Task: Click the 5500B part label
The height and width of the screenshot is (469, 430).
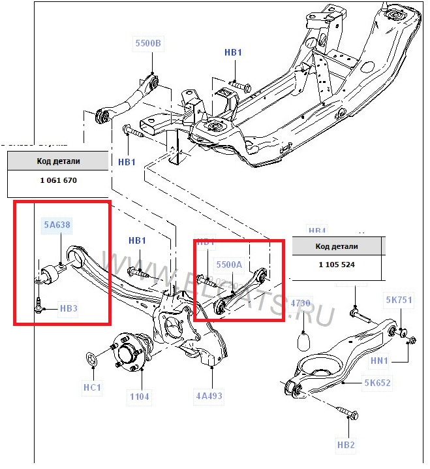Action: click(x=147, y=44)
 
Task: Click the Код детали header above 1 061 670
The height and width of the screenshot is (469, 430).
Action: click(x=57, y=161)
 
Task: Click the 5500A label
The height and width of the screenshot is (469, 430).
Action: click(x=229, y=265)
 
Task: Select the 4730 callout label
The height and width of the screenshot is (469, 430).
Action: click(x=301, y=304)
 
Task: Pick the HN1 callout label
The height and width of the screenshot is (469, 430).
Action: click(x=397, y=360)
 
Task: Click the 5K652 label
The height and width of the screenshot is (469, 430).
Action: click(x=378, y=383)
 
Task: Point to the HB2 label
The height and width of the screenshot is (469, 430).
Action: click(x=346, y=445)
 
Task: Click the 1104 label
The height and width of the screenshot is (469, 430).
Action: click(x=140, y=396)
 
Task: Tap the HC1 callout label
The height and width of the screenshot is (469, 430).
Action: click(x=92, y=387)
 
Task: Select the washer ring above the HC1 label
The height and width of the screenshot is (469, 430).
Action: click(x=91, y=357)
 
